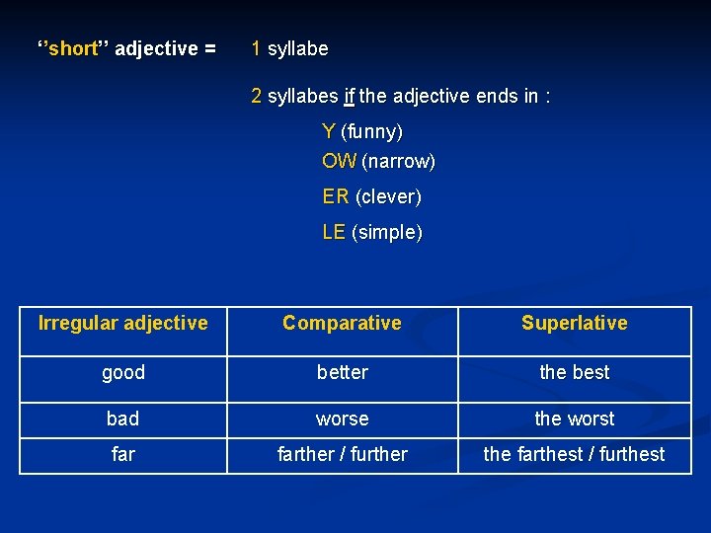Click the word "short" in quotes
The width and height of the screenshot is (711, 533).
coord(74,49)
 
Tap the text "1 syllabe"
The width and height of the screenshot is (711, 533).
coord(290,48)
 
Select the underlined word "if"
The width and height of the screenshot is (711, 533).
coord(349,97)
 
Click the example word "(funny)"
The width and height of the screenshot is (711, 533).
coord(371,131)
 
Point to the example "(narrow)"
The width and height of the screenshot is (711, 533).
coord(398,161)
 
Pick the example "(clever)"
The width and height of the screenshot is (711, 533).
coord(388,196)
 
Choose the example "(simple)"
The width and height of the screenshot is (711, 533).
coord(386,233)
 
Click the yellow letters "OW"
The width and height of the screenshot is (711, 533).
coord(339,161)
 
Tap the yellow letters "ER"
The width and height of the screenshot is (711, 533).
coord(336,196)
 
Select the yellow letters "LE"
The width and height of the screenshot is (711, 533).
coord(334,233)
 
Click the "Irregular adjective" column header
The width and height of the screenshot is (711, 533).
coord(123,323)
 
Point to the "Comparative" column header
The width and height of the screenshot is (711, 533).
coord(342,323)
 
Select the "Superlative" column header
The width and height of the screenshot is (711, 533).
coord(574,323)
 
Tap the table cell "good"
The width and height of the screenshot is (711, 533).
coord(123,372)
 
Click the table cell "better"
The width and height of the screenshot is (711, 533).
coord(342,372)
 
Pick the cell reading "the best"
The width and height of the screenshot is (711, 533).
coord(574,372)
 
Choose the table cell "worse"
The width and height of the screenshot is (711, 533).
coord(342,419)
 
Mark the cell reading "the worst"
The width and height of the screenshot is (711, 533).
coord(574,419)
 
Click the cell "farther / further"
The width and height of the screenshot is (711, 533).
coord(342,454)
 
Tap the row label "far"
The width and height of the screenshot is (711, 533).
coord(123,454)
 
